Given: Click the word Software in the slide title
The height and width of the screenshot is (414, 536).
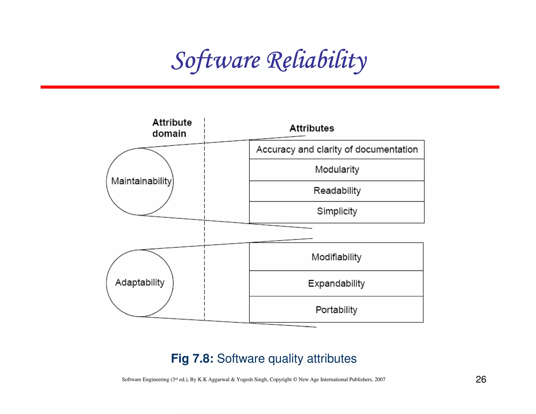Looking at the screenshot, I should (216, 61).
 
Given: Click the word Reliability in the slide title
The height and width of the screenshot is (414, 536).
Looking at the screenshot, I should (317, 61).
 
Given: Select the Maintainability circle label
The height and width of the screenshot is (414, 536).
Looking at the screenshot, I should (141, 181).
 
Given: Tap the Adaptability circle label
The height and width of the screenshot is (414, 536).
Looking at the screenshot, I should (140, 282).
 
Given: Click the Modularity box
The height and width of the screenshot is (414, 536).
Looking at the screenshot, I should (337, 170).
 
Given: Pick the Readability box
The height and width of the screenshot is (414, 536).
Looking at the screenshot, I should (337, 191).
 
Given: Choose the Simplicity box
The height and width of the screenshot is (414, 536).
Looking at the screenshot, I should (337, 211).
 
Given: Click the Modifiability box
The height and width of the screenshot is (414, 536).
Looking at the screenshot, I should (336, 257).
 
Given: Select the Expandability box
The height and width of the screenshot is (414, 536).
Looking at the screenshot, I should (336, 283).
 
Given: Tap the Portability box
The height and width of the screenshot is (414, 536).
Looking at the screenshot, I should (336, 310).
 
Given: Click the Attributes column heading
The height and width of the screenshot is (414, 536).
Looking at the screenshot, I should (312, 128).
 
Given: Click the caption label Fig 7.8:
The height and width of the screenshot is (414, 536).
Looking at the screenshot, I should (192, 359).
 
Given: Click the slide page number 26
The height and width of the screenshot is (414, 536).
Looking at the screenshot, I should (481, 379).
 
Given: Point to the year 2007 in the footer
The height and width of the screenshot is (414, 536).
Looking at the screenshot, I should (380, 379).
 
